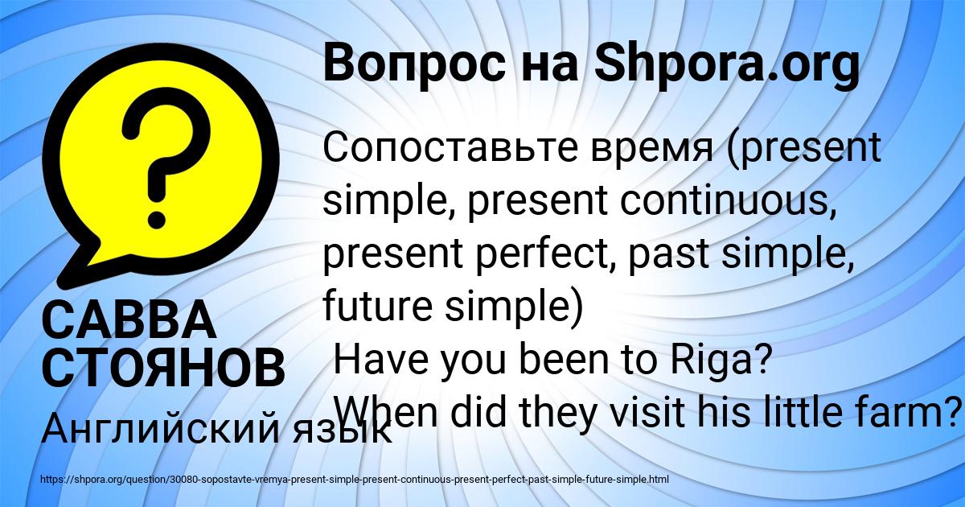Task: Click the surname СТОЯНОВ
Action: pyautogui.click(x=163, y=368)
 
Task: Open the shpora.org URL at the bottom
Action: pyautogui.click(x=354, y=479)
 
